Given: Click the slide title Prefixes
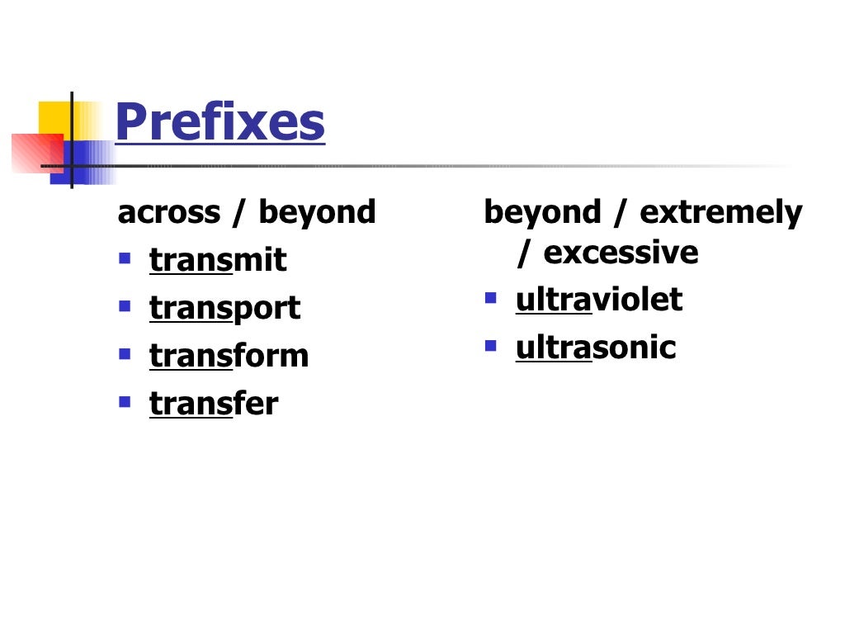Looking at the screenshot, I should [x=220, y=123].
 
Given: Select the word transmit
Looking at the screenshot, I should [x=217, y=260].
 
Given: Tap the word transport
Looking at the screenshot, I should [x=224, y=308].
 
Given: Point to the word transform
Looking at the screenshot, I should [x=229, y=356].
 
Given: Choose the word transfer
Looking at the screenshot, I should [x=214, y=404].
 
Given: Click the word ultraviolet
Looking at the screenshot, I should [x=598, y=300].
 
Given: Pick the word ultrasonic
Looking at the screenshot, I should [x=595, y=348].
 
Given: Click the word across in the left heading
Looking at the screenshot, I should [x=169, y=213].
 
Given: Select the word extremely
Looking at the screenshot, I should [x=720, y=213].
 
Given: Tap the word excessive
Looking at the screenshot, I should [x=621, y=253].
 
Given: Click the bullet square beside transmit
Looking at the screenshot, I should [x=125, y=258].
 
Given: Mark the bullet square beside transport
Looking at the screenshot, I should [x=125, y=306].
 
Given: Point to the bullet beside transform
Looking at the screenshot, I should [x=125, y=354].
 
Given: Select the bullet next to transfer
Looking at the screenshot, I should [x=125, y=402].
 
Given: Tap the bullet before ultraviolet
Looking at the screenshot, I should [x=491, y=298].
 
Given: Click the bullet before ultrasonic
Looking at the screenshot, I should [x=491, y=346].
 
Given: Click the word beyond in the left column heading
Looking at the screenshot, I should [x=317, y=213].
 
